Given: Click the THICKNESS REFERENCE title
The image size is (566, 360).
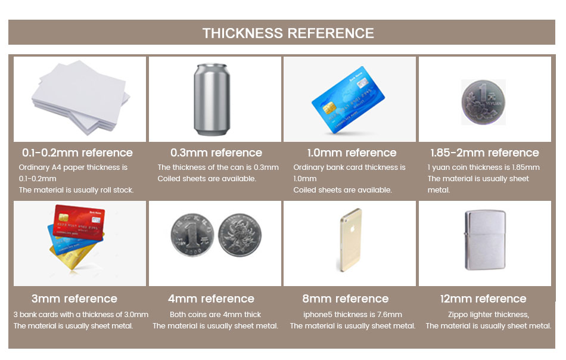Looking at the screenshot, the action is click(x=288, y=33).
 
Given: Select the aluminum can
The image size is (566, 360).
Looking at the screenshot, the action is click(x=212, y=100).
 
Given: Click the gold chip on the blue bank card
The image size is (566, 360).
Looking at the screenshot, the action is click(x=329, y=107).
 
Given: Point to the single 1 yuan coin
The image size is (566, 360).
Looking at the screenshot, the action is click(x=483, y=103).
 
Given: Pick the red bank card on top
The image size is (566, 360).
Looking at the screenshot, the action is click(x=79, y=223).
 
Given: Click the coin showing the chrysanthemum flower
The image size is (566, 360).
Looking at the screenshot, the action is click(x=240, y=235).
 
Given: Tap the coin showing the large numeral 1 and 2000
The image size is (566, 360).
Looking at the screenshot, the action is click(x=192, y=235).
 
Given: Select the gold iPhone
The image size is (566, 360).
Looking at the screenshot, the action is click(x=350, y=240).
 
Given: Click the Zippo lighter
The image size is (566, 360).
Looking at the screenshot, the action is click(x=485, y=240).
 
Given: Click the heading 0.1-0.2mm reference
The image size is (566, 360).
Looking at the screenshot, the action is click(x=77, y=153).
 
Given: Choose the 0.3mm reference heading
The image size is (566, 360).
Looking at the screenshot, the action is click(x=216, y=153).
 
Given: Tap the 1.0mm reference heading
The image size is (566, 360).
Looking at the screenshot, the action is click(x=352, y=153).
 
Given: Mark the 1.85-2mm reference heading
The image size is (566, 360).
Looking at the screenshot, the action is click(x=484, y=153).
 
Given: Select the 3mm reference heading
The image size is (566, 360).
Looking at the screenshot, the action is click(x=74, y=299).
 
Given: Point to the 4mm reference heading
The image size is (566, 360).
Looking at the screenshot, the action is click(x=211, y=299).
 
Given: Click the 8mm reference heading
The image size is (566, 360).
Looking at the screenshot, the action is click(x=346, y=299).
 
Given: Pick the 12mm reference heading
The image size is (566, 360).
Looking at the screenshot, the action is click(x=483, y=299).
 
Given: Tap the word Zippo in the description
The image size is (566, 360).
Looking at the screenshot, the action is click(x=458, y=315).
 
